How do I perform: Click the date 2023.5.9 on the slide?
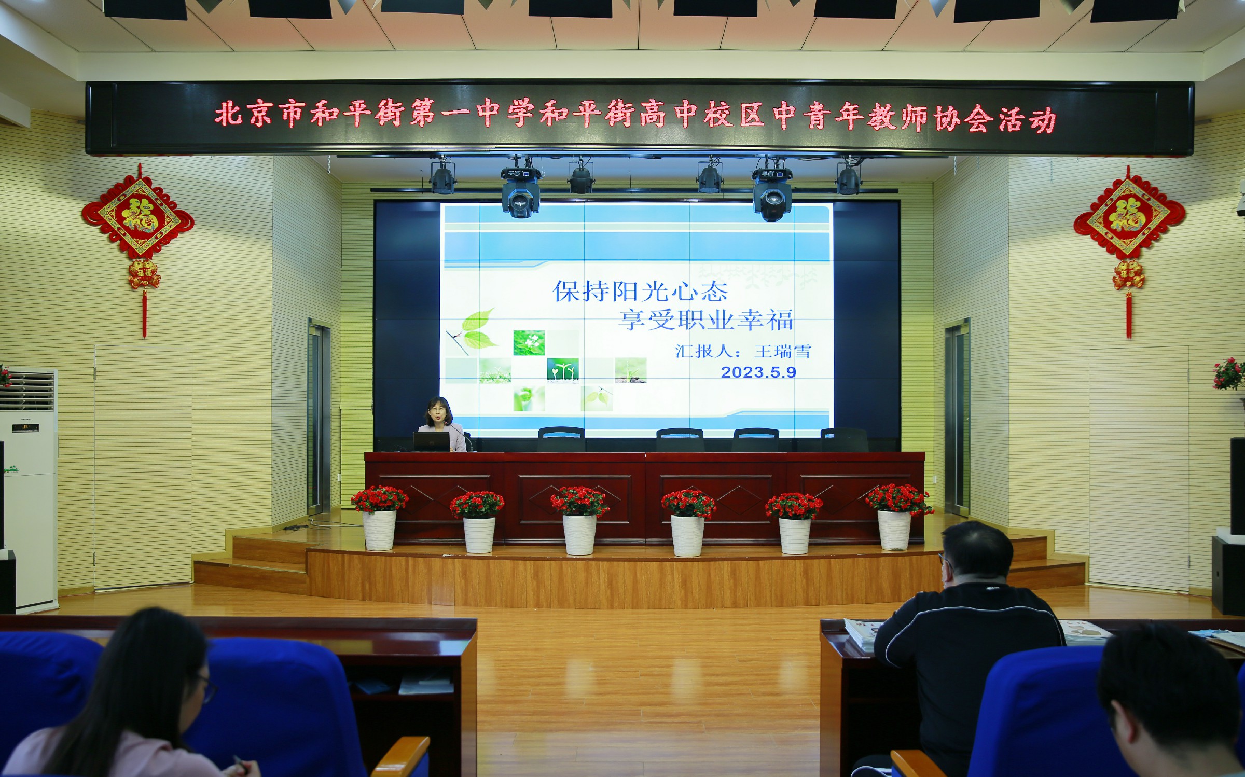tap(758, 372)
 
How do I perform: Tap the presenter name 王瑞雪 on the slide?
tap(782, 351)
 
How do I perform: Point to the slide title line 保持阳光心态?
tap(640, 292)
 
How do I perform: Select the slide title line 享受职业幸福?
tap(706, 320)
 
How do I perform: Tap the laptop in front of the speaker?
tap(431, 441)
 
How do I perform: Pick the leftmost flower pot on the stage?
tap(379, 518)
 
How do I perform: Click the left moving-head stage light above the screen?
tap(520, 191)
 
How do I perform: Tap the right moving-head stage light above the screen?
tap(772, 193)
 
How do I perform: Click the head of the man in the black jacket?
tap(969, 554)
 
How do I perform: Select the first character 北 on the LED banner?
tap(229, 114)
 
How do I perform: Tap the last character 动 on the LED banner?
tap(1042, 120)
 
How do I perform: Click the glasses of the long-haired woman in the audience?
tap(207, 688)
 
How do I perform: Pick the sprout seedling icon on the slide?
tap(562, 370)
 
